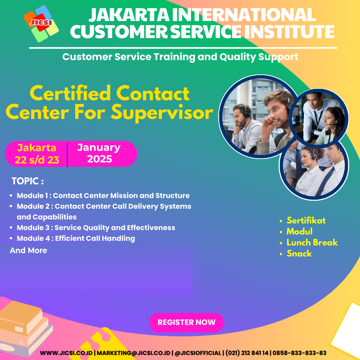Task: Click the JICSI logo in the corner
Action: click(x=41, y=24)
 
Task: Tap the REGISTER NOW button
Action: click(x=187, y=322)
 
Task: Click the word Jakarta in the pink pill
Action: click(x=37, y=148)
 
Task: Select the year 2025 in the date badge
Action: click(x=99, y=159)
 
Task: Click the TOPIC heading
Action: click(x=27, y=181)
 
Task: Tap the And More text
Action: click(x=28, y=250)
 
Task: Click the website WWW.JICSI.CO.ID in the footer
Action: click(x=66, y=353)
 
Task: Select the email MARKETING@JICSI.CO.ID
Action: click(x=134, y=353)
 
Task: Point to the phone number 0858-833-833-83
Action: click(x=300, y=353)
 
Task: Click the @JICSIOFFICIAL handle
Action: click(x=198, y=353)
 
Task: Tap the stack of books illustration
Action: click(x=25, y=328)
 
